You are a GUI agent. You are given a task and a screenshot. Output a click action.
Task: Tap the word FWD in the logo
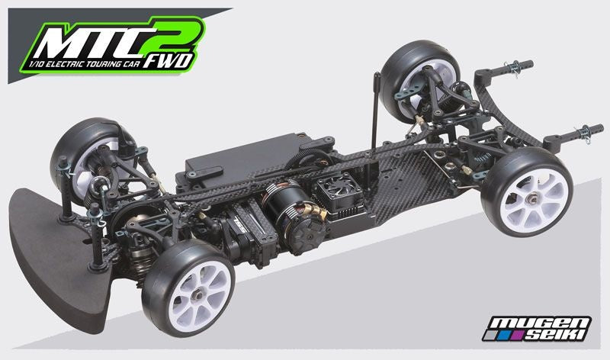(x=167, y=62)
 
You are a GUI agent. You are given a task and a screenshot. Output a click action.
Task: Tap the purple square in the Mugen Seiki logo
(x=517, y=335)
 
